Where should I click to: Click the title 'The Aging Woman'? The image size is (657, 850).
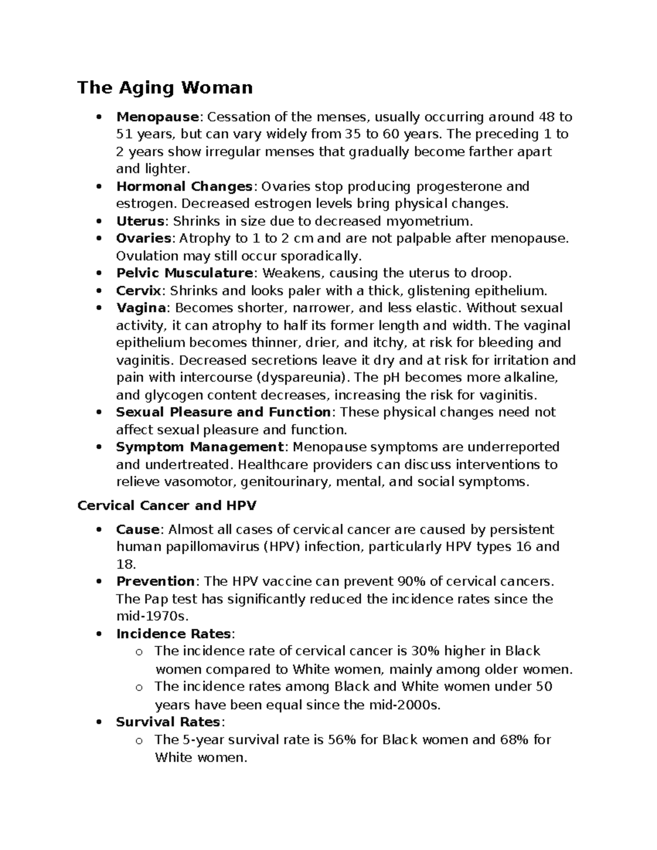click(x=165, y=88)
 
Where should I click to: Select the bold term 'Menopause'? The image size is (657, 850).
click(x=157, y=117)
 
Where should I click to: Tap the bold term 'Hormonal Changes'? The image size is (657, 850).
click(x=183, y=187)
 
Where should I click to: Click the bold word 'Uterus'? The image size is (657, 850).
click(x=140, y=222)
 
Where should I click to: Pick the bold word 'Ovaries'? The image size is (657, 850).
click(x=144, y=239)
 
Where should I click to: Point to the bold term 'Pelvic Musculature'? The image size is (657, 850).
click(x=185, y=273)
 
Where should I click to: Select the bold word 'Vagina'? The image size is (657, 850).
click(x=141, y=308)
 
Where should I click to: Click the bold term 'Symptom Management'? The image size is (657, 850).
click(x=200, y=447)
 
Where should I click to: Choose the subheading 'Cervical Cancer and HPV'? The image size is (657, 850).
click(x=167, y=506)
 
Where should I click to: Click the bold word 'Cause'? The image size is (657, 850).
click(x=137, y=530)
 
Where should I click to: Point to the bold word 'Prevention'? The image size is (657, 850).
click(x=155, y=581)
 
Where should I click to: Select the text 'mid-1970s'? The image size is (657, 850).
click(x=152, y=616)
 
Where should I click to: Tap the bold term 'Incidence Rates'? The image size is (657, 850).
click(x=174, y=634)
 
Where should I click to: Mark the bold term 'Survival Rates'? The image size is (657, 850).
click(x=167, y=722)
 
